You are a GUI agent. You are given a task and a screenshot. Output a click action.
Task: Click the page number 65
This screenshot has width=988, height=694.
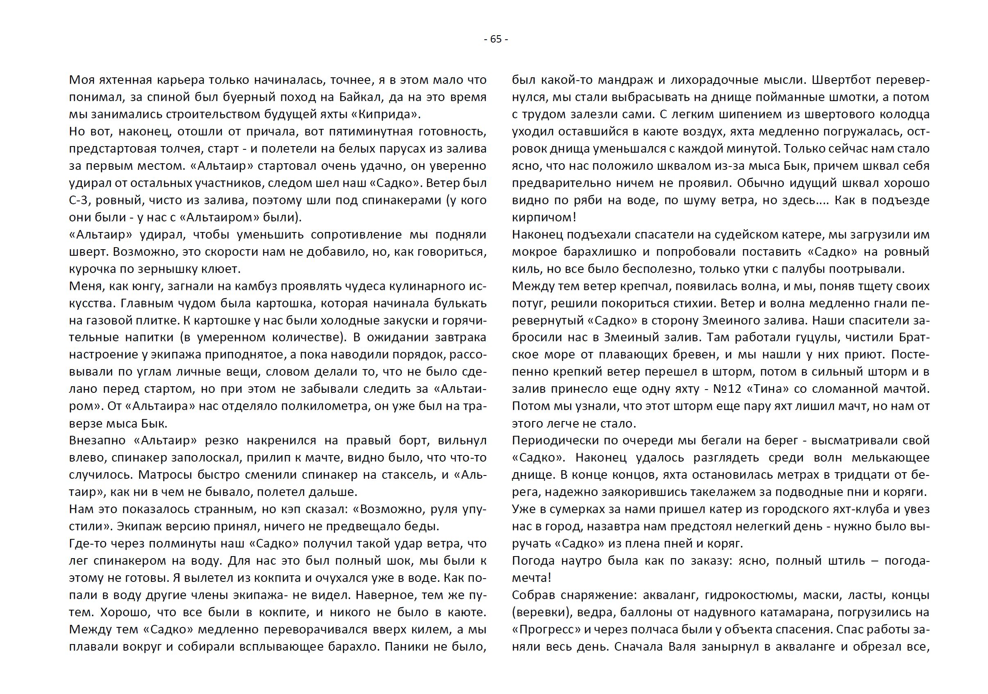(x=496, y=39)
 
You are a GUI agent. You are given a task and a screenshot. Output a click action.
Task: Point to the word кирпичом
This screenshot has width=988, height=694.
(x=542, y=218)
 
